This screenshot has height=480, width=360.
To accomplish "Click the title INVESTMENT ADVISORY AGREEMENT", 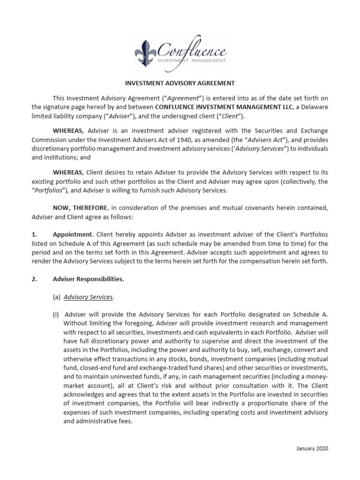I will pos(180,83).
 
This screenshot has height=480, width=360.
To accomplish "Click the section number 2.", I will pos(34,279).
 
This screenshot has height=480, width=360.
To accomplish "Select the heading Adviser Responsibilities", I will pos(89,279).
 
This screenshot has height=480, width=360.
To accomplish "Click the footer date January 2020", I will pos(313,448).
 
